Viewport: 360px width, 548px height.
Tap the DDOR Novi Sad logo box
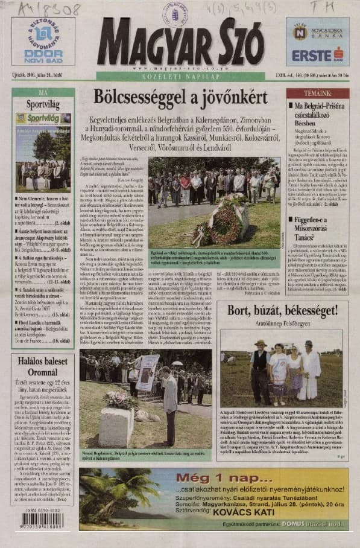[43, 41]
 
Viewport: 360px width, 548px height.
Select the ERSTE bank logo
[317, 55]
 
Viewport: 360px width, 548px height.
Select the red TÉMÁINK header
[317, 94]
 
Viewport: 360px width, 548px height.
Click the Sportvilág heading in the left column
[43, 104]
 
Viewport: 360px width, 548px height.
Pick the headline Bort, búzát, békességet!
[282, 311]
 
